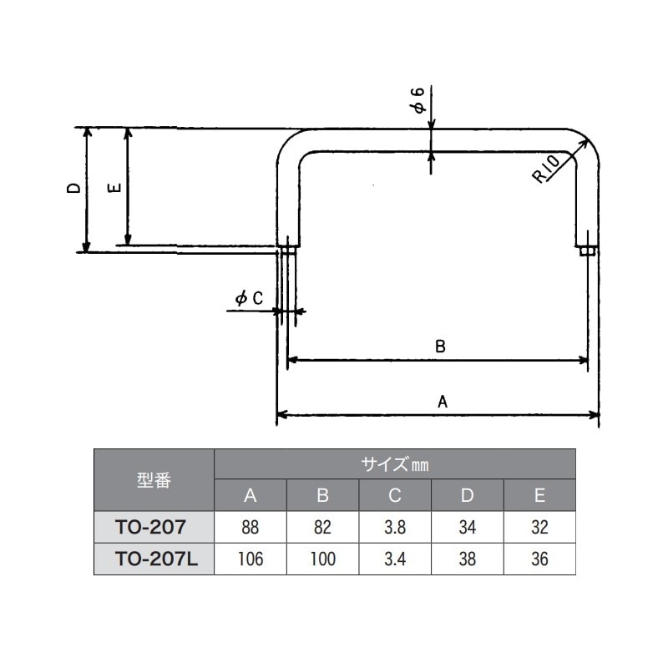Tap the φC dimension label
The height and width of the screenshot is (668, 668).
pyautogui.click(x=249, y=298)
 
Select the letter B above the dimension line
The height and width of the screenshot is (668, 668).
pyautogui.click(x=440, y=347)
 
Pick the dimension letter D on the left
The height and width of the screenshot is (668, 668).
pyautogui.click(x=73, y=189)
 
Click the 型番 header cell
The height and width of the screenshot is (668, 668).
pyautogui.click(x=154, y=479)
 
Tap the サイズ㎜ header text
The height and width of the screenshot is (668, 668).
pyautogui.click(x=394, y=464)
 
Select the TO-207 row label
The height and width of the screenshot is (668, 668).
pyautogui.click(x=150, y=527)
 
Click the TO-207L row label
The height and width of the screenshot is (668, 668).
pyautogui.click(x=154, y=559)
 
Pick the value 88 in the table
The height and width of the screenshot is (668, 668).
pyautogui.click(x=250, y=527)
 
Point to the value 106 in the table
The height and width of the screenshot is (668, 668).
pyautogui.click(x=250, y=559)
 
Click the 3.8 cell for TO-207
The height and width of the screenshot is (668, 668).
pyautogui.click(x=395, y=527)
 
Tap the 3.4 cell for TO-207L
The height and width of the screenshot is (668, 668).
pyautogui.click(x=395, y=559)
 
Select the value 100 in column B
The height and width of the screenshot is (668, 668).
pyautogui.click(x=322, y=559)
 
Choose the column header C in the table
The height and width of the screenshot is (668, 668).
pyautogui.click(x=395, y=496)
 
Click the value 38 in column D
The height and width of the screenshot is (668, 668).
pyautogui.click(x=468, y=559)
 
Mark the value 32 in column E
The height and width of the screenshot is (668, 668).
pyautogui.click(x=539, y=527)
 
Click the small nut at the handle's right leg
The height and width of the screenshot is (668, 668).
pyautogui.click(x=585, y=250)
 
